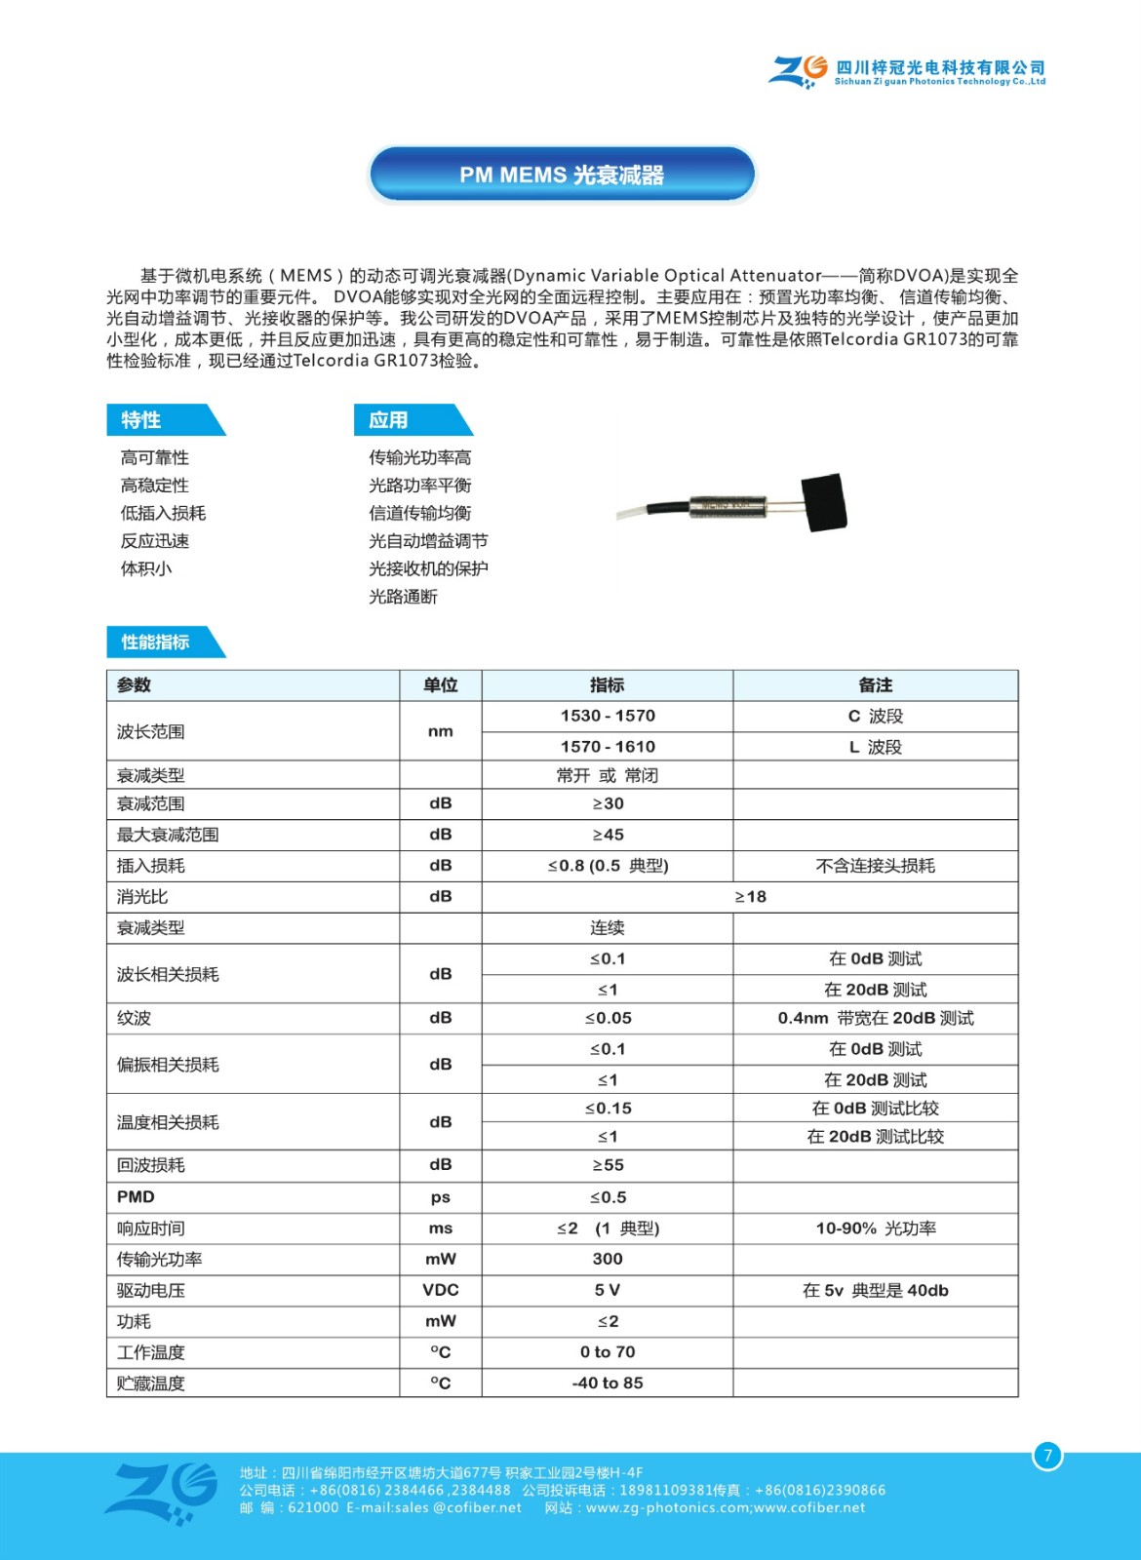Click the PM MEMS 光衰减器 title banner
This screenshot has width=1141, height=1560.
point(562,175)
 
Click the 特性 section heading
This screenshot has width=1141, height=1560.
point(142,420)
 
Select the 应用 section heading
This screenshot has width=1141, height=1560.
point(389,420)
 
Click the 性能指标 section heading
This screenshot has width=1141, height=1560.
point(156,642)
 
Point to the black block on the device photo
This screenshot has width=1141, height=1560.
point(823,502)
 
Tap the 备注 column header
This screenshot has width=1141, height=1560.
point(875,685)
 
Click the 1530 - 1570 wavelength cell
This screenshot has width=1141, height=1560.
point(608,716)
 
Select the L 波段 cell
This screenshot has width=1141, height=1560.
point(875,747)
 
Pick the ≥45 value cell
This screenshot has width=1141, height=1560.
point(608,835)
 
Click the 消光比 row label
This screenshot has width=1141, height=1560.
point(143,897)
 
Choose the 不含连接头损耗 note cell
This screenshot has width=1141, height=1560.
point(875,866)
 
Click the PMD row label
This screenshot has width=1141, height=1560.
point(137,1197)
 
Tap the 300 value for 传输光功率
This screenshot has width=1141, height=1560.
point(608,1259)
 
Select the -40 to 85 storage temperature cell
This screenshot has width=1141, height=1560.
point(608,1383)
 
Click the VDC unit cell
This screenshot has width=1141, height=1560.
point(441,1290)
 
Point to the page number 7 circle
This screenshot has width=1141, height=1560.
point(1047,1456)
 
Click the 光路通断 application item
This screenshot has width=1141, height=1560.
point(404,597)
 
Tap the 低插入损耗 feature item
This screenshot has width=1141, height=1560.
point(164,513)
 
